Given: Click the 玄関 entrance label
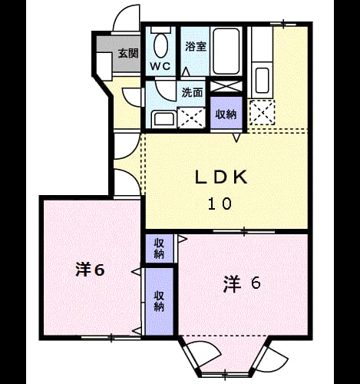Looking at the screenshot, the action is pyautogui.click(x=128, y=53).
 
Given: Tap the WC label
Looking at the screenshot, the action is pyautogui.click(x=160, y=67).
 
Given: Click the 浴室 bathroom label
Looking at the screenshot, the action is pyautogui.click(x=196, y=47).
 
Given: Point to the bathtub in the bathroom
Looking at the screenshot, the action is pyautogui.click(x=226, y=51).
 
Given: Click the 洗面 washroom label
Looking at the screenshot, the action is pyautogui.click(x=192, y=92).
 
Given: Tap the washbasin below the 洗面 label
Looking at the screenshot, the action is pyautogui.click(x=163, y=119).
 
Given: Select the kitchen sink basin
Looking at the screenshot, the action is pyautogui.click(x=262, y=80).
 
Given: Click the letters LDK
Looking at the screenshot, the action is pyautogui.click(x=221, y=177).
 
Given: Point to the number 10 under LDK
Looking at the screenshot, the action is pyautogui.click(x=220, y=204).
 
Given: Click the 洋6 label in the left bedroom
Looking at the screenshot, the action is pyautogui.click(x=90, y=270).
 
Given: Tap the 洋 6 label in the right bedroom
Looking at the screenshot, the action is pyautogui.click(x=242, y=283).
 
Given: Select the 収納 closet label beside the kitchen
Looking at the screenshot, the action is pyautogui.click(x=226, y=114).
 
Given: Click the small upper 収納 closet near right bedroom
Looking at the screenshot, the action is pyautogui.click(x=159, y=248).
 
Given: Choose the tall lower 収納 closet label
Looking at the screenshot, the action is pyautogui.click(x=159, y=301).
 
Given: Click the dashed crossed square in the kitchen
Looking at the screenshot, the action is pyautogui.click(x=262, y=112).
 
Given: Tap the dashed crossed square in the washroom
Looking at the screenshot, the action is pyautogui.click(x=191, y=118).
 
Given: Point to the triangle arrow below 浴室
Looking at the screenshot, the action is pyautogui.click(x=186, y=71).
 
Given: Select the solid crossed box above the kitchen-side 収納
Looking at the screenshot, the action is pyautogui.click(x=226, y=86).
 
